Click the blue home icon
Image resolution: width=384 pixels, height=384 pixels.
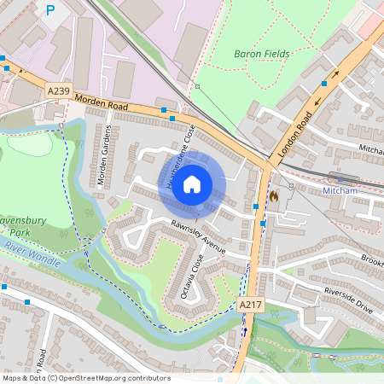[192, 183]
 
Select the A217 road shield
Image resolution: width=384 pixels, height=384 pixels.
[249, 305]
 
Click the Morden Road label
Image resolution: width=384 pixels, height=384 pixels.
[101, 101]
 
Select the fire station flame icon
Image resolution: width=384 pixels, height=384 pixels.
[273, 195]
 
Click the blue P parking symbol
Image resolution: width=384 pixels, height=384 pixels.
[50, 10]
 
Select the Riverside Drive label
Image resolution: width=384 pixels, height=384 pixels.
[349, 300]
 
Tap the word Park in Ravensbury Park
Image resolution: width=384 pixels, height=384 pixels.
[15, 231]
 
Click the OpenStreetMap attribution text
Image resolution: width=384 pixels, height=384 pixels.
[86, 377]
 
